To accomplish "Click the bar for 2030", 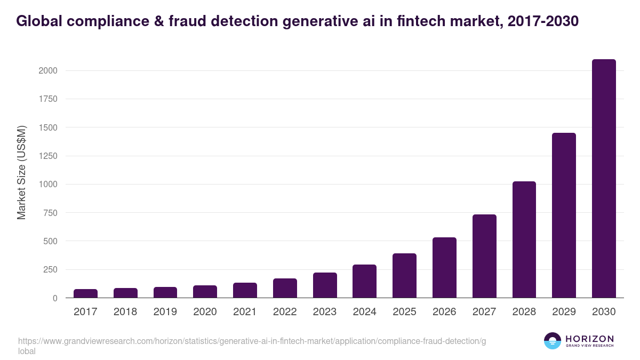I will pos(604,179).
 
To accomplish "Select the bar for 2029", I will pos(564,215).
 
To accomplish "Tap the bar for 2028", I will pos(524,239).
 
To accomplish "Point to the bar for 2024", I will pos(364,281).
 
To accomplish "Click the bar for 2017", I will pos(85,293).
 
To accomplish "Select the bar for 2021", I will pos(245,290).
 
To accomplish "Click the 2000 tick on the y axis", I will pos(47,71).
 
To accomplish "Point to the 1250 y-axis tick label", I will pos(47,156).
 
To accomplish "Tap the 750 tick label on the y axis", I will pos(50,213).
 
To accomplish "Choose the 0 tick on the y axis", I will pos(55,298).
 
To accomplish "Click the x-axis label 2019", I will pos(165,312).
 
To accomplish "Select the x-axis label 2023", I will pos(325,312).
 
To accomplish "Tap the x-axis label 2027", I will pos(484,312).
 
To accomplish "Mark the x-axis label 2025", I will pos(404,312).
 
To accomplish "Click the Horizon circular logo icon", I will pos(553,341).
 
